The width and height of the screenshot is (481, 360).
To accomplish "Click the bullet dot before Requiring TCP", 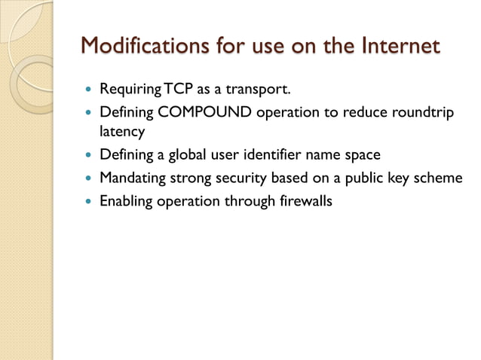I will [x=88, y=92].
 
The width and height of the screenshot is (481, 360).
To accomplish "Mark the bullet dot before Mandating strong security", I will [x=88, y=178].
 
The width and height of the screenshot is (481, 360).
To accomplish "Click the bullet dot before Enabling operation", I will [x=88, y=201].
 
